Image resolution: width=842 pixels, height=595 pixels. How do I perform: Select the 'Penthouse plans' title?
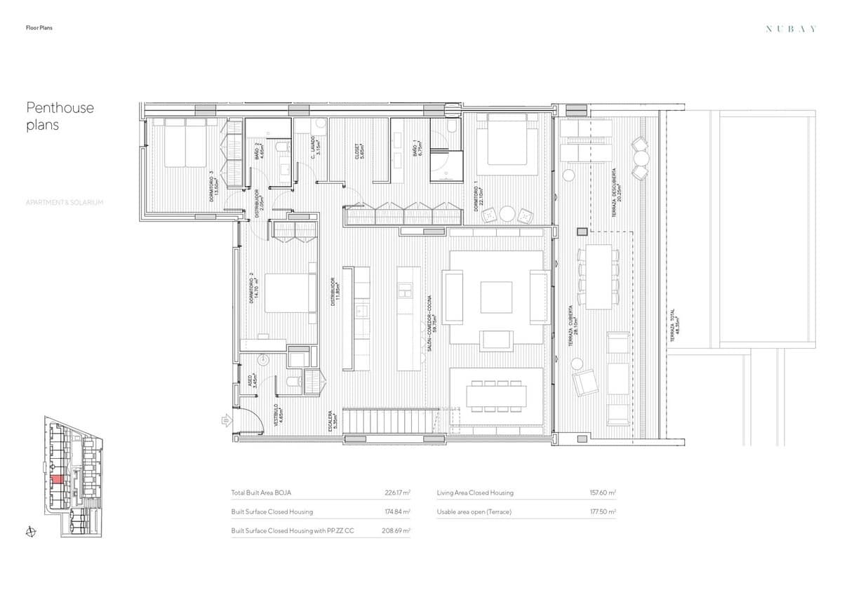coord(60,116)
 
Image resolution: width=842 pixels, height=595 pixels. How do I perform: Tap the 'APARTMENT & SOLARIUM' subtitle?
coord(65,202)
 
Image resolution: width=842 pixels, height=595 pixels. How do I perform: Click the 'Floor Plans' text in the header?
coord(39,28)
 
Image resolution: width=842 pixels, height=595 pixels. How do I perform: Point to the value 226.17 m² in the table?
coord(398,493)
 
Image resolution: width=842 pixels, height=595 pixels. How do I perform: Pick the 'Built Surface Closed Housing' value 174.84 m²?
coord(398,512)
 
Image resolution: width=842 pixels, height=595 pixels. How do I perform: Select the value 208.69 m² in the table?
coord(398,531)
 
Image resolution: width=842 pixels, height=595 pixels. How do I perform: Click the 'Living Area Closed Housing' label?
coord(474,493)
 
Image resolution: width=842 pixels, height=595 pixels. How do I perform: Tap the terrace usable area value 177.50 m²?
coord(603,512)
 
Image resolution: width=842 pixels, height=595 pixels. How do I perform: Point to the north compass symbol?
coord(30,531)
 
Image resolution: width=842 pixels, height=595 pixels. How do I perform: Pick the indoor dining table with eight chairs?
coord(497,397)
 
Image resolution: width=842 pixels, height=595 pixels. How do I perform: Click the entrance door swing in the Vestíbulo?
coord(251,421)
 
